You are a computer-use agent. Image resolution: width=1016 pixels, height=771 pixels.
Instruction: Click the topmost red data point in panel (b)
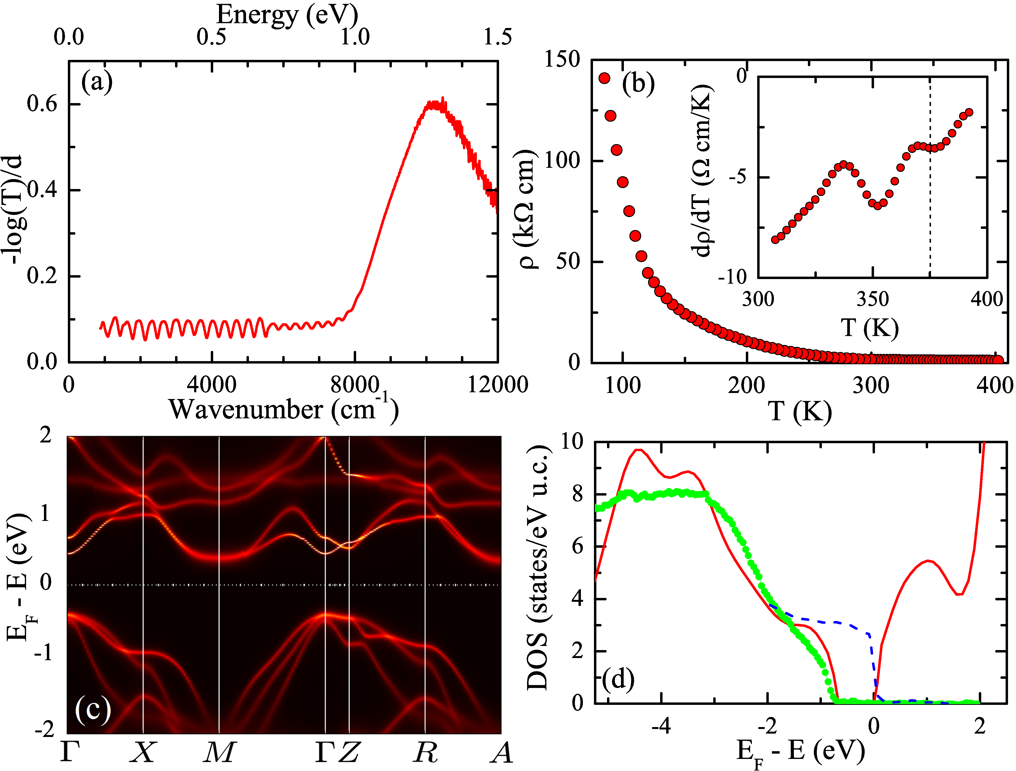pos(604,78)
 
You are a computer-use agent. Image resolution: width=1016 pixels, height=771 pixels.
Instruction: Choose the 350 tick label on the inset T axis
pos(873,299)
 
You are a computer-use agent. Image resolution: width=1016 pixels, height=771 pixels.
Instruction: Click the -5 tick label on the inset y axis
pos(738,177)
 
